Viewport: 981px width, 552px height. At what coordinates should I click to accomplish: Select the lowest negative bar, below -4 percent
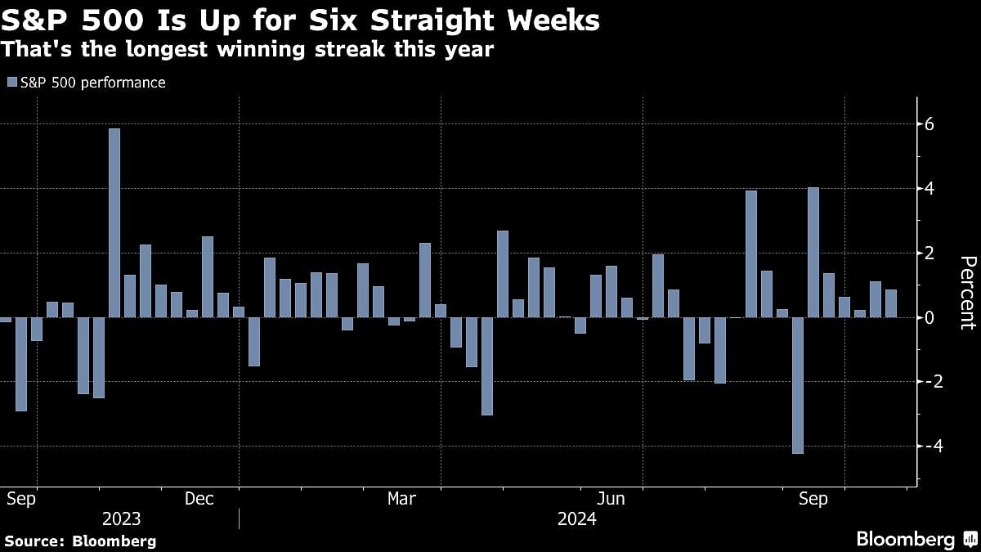click(x=798, y=385)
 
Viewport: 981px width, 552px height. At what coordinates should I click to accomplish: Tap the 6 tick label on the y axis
click(x=929, y=124)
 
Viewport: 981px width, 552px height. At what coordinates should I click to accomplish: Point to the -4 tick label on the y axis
click(x=926, y=447)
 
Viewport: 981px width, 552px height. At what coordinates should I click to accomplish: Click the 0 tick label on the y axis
click(x=929, y=317)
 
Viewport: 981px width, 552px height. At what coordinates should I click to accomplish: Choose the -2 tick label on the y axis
click(x=926, y=382)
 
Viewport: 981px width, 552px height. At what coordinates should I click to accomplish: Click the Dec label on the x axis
click(x=199, y=499)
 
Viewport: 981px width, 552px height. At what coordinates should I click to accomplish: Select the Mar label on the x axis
click(x=401, y=499)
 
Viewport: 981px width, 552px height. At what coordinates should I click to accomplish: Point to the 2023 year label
click(x=121, y=519)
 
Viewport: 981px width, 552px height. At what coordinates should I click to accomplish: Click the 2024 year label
click(x=576, y=519)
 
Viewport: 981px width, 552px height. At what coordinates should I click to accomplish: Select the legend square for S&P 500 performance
click(x=11, y=83)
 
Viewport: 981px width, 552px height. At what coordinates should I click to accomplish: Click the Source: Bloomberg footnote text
click(x=80, y=541)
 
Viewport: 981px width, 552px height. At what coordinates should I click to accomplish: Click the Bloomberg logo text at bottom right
click(x=905, y=540)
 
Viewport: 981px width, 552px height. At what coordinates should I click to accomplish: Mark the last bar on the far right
click(x=891, y=303)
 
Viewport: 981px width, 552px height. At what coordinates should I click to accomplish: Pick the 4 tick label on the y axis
click(x=929, y=189)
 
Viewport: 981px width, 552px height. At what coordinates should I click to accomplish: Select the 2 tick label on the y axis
click(x=929, y=254)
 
